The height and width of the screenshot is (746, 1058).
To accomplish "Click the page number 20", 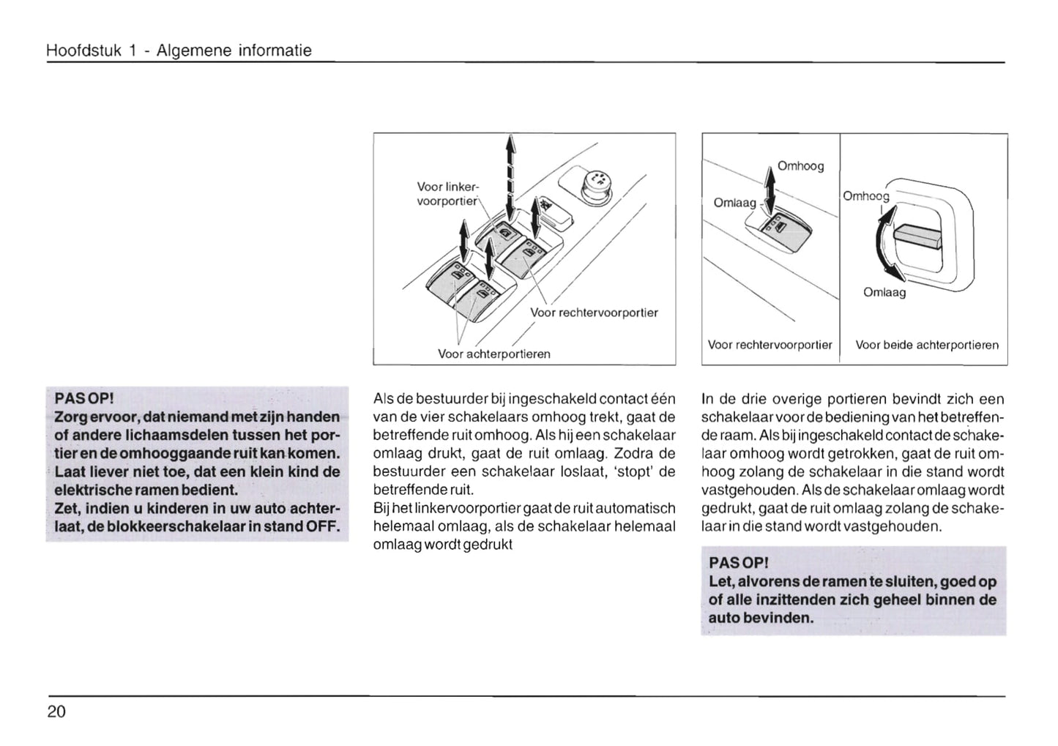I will (56, 711).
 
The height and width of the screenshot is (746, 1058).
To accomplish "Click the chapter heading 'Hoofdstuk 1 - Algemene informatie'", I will (179, 51).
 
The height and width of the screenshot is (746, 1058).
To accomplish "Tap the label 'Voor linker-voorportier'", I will (447, 194).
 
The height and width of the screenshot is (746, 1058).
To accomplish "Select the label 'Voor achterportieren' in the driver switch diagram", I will (493, 354).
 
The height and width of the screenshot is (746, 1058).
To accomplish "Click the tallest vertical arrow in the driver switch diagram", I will (510, 179).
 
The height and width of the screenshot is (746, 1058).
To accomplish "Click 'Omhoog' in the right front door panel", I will (800, 166).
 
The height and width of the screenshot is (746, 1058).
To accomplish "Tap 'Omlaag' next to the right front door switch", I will (734, 202).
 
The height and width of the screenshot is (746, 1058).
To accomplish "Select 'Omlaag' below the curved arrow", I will (884, 292).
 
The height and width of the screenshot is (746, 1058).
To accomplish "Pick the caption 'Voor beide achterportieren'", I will (926, 345).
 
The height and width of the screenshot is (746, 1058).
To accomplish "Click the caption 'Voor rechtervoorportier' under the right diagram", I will (770, 345).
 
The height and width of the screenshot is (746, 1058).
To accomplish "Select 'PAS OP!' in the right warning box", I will (739, 563).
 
